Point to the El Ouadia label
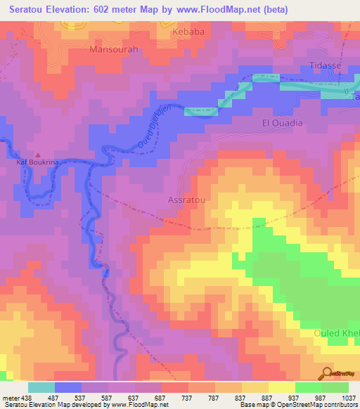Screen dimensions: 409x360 point(282,123)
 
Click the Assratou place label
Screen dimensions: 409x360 point(187,200)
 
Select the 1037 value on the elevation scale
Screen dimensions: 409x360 point(348,398)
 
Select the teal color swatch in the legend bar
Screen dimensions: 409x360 point(41,387)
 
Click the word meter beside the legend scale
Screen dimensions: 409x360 point(10,398)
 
